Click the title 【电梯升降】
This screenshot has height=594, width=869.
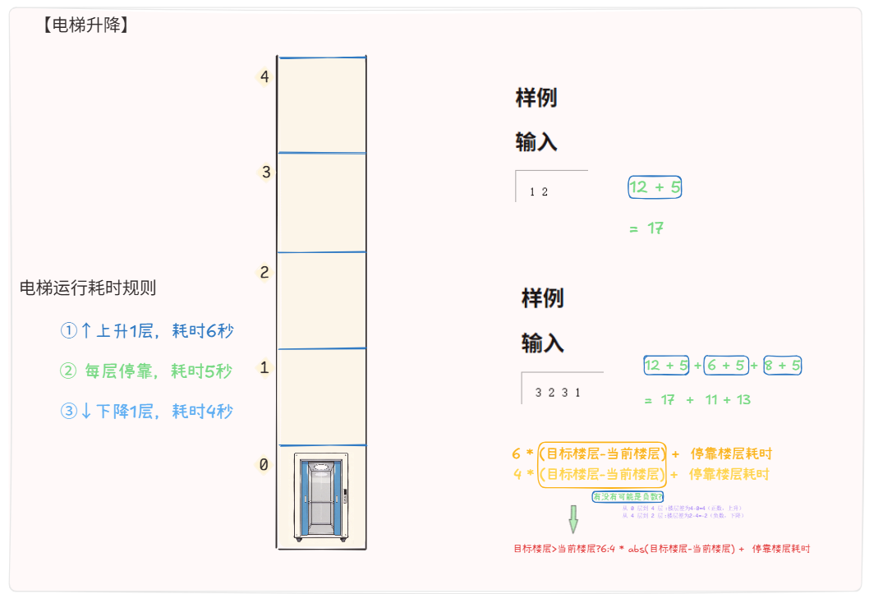point(85,25)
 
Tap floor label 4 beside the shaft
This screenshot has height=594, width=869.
point(264,78)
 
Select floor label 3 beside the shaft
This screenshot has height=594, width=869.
point(265,173)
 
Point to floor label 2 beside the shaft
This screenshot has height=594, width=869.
point(264,273)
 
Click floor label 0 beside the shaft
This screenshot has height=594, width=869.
point(263,465)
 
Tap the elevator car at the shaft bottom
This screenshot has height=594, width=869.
point(321,497)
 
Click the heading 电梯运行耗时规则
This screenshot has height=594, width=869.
point(88,288)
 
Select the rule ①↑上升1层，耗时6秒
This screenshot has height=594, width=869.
point(147,331)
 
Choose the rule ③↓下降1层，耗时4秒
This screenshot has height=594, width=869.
point(147,412)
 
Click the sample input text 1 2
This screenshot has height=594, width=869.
point(539,192)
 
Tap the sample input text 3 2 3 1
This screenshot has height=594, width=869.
point(558,393)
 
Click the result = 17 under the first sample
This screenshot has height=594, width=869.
point(646,228)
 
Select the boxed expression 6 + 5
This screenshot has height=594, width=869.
point(725,366)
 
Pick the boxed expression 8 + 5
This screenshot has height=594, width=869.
point(782,366)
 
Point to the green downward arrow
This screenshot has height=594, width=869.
point(573,519)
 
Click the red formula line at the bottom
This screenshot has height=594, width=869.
point(661,549)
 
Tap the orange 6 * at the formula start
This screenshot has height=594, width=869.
point(522,454)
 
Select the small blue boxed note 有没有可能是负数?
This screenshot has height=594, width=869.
point(628,497)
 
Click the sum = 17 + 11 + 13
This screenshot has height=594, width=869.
point(697,400)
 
